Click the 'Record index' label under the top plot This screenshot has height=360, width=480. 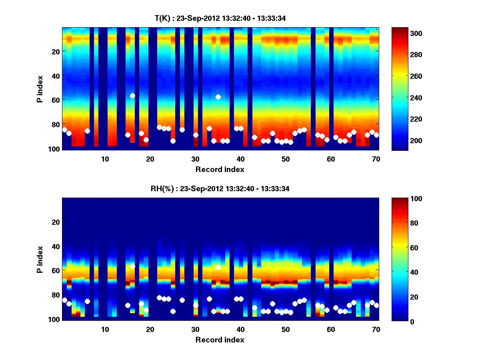point(220,169)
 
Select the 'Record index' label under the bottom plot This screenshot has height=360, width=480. point(220,340)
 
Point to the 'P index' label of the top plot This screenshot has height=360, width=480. point(40,89)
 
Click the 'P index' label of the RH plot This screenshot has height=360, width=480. point(40,260)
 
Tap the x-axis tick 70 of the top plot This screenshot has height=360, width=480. point(376,159)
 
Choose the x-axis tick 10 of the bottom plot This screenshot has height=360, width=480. point(105,329)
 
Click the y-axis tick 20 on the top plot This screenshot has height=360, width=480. point(55,51)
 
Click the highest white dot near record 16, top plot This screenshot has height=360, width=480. point(132,96)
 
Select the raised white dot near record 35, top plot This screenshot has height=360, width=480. point(218,97)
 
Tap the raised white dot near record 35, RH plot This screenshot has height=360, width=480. point(218,267)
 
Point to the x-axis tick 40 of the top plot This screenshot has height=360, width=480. point(240,159)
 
